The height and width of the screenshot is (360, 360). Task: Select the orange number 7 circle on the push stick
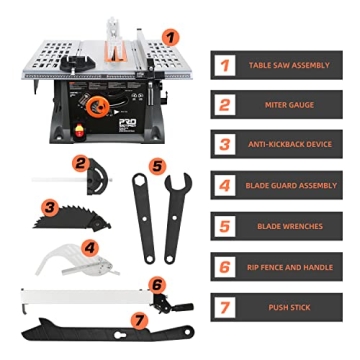[x=137, y=321]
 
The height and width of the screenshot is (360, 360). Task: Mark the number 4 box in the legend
[x=226, y=185]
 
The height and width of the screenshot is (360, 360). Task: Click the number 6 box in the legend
[x=226, y=267]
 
